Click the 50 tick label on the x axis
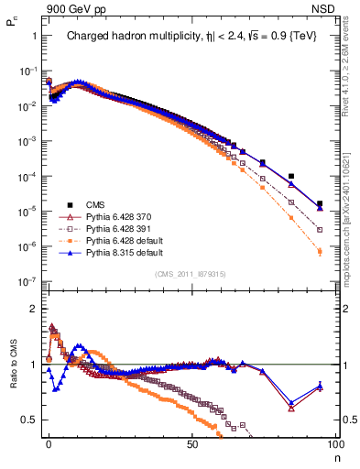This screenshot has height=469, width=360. tap(191, 442)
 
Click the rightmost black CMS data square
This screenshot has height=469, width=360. tap(320, 204)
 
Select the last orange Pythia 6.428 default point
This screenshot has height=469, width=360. tap(320, 251)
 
